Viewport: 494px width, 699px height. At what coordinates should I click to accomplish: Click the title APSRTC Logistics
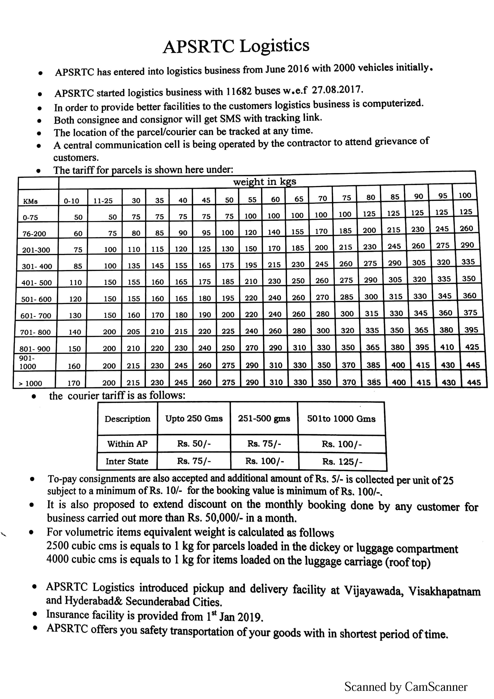pos(236,47)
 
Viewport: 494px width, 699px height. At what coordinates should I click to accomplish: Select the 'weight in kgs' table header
pos(264,182)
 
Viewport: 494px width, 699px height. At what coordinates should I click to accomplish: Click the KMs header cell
pos(30,201)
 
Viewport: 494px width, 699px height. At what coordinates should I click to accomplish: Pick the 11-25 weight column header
pos(103,201)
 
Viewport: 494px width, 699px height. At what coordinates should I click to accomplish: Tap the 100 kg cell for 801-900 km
pos(472,347)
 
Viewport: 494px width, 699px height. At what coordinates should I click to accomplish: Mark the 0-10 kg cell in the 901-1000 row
pos(74,366)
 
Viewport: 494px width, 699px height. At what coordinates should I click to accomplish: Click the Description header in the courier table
pos(127,419)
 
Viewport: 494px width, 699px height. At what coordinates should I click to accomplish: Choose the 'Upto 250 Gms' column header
pos(194,419)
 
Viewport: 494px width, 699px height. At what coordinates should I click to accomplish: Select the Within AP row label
pos(127,444)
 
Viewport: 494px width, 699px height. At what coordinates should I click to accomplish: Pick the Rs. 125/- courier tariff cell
pos(342,462)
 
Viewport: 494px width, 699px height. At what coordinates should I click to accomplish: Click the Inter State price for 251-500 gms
pos(264,461)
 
